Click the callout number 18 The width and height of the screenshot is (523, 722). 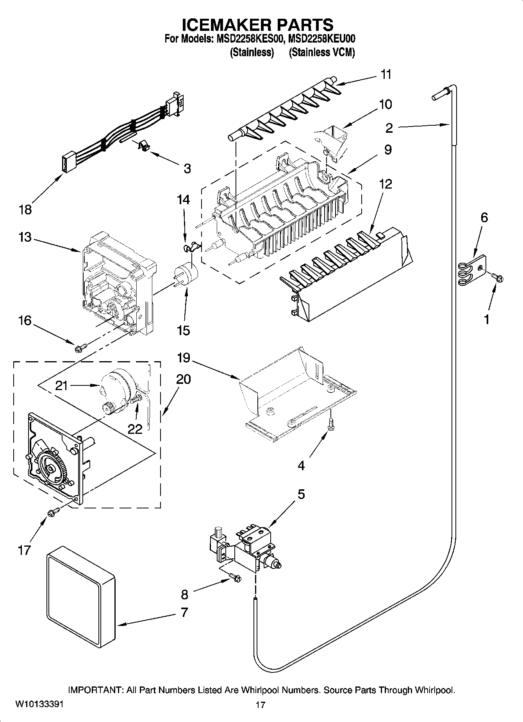point(25,210)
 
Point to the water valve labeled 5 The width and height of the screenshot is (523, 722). point(245,547)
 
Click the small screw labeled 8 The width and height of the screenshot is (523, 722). point(235,577)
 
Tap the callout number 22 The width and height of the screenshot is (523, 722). point(135,428)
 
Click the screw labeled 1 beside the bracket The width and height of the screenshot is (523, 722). point(499,277)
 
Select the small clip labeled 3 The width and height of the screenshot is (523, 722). point(144,146)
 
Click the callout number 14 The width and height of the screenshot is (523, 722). point(183,200)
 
